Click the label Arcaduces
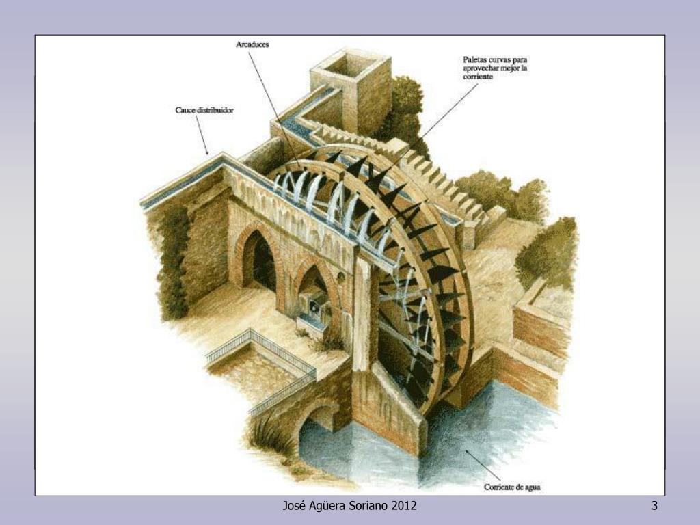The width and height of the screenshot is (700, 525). tap(252, 44)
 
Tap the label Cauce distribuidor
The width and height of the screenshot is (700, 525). tap(204, 109)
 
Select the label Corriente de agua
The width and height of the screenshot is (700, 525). tap(513, 487)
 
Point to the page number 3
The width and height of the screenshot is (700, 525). tap(654, 506)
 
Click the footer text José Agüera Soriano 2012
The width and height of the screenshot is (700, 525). tap(349, 506)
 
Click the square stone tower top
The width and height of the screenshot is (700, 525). tap(350, 65)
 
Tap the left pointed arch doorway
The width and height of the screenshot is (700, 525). tap(258, 260)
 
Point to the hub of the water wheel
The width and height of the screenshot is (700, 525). tap(410, 301)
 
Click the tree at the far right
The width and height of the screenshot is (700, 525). tap(547, 250)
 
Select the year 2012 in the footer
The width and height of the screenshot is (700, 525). tap(403, 506)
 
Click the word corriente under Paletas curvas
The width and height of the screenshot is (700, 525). tap(478, 77)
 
